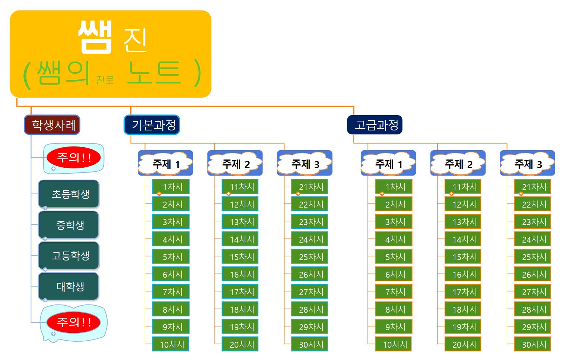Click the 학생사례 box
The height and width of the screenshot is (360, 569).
coord(52,125)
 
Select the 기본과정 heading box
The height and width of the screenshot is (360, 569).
coord(152,125)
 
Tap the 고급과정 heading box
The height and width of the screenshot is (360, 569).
coord(375,125)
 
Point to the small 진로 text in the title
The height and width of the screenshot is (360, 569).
coord(105,80)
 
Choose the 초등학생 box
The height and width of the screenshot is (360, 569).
coord(69,194)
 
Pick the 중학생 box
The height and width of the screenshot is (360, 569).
coord(69,225)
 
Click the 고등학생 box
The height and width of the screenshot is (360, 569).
coord(69,256)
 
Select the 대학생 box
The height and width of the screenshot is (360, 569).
coord(69,287)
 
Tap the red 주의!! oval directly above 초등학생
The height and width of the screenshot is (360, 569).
coord(74,158)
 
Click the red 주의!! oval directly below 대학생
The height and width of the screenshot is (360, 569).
coord(74,322)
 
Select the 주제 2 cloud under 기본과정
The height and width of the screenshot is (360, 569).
coord(235,164)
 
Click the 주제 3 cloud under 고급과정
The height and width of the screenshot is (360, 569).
coord(528,164)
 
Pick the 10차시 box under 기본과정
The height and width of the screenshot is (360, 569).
coord(171,344)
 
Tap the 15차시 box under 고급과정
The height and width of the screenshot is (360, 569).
coord(463,257)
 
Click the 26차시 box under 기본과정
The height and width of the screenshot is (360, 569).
coord(309,274)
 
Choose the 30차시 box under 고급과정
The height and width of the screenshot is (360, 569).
coord(533,344)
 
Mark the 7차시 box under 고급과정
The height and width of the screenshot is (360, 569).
coord(394,292)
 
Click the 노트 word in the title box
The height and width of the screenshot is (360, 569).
coord(154,73)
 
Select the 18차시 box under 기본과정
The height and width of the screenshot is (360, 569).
coord(240,309)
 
